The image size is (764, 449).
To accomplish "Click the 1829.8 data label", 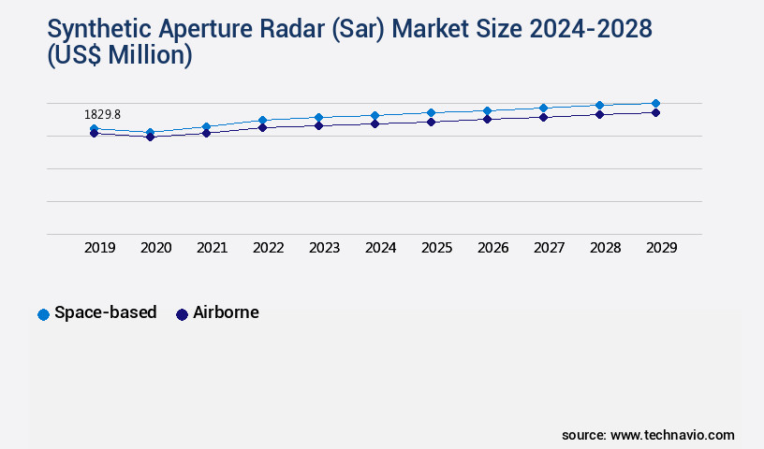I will [102, 114].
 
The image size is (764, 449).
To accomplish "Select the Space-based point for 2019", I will [94, 129].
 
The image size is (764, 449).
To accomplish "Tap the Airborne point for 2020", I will [150, 137].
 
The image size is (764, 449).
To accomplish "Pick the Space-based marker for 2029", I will [655, 103].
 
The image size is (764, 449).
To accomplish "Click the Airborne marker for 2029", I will [655, 112].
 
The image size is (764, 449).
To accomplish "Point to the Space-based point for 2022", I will [262, 120].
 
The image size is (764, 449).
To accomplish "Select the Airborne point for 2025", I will [431, 122].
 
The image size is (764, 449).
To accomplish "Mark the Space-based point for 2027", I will [543, 108].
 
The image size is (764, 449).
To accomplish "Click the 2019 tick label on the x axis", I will [100, 248].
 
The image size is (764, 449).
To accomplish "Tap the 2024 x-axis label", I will [381, 248].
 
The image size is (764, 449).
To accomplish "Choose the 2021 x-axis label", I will [213, 248].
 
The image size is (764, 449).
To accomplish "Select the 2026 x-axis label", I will [493, 248].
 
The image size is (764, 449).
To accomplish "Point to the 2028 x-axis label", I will [606, 248].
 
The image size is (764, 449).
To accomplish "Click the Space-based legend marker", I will [43, 314].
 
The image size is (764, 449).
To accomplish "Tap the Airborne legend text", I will [226, 313].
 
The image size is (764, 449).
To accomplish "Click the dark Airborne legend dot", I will [183, 314].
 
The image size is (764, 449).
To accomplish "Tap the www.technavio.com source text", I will [672, 435].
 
